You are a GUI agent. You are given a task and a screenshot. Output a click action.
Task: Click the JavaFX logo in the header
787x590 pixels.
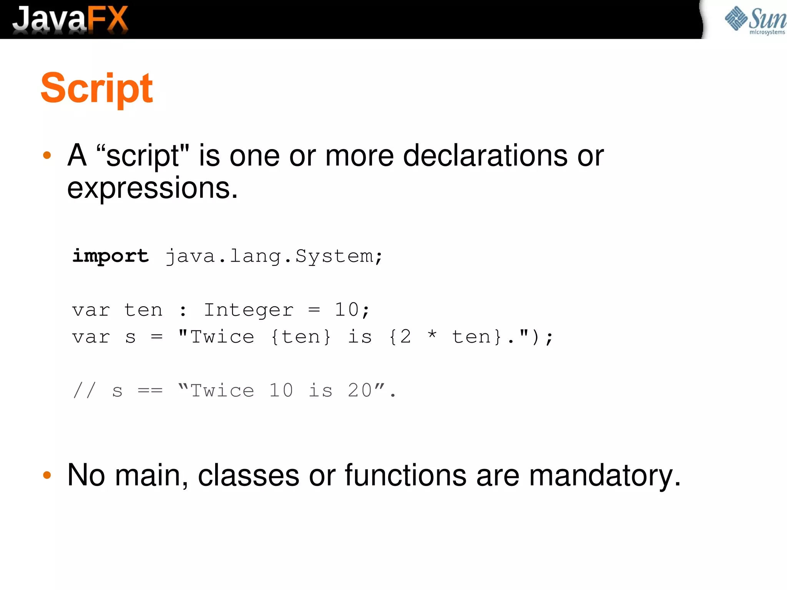[x=70, y=19]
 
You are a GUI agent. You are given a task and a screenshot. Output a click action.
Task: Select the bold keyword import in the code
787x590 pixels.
[x=110, y=256]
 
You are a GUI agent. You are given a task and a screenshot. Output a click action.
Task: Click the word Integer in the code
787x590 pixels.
[x=248, y=310]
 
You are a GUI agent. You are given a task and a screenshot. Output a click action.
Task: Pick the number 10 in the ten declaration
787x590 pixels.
[x=347, y=310]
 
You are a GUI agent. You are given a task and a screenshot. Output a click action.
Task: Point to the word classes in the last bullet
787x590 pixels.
[x=248, y=476]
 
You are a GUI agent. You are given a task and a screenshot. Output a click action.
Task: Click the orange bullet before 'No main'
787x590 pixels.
[x=47, y=476]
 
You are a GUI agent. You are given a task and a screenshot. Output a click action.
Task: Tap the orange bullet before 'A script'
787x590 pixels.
[x=47, y=156]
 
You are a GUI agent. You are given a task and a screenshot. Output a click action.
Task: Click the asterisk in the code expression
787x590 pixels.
[x=432, y=335]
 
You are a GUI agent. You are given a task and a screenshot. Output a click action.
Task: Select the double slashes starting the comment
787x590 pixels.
[x=84, y=390]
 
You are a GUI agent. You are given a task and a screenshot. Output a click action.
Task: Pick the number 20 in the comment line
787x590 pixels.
[x=360, y=390]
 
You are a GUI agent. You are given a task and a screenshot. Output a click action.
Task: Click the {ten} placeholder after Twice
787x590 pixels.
[x=301, y=337]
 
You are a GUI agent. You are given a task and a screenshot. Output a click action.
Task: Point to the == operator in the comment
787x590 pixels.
[x=150, y=391]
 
